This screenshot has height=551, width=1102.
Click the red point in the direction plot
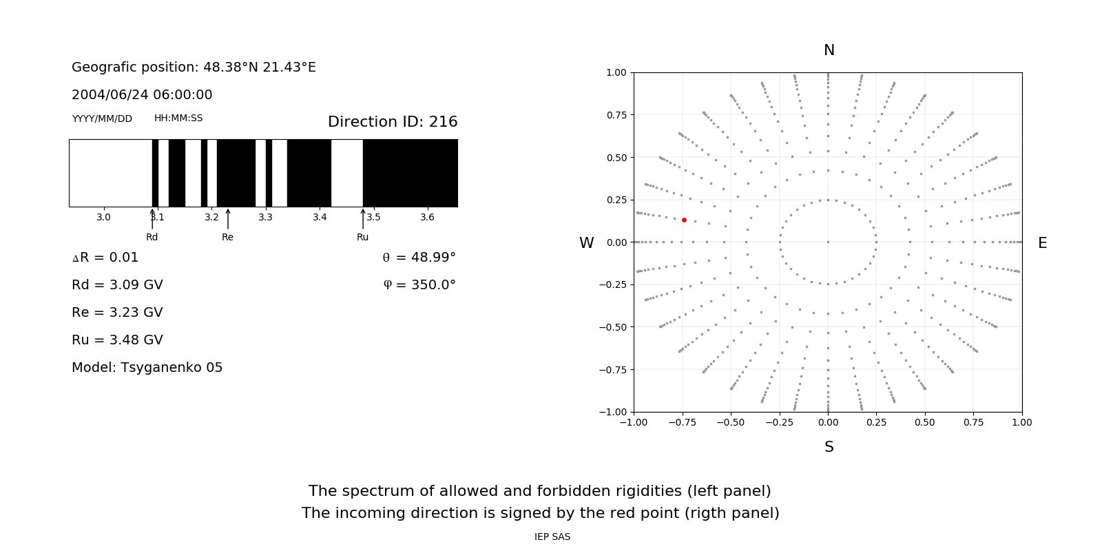tap(684, 220)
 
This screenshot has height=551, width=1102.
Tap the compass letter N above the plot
tap(829, 50)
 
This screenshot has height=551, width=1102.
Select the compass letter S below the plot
tap(829, 447)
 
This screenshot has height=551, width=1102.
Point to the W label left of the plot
tap(587, 243)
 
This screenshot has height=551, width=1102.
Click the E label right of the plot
tap(1042, 243)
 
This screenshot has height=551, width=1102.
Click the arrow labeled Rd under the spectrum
tap(152, 219)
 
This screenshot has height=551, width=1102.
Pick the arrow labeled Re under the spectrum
tap(228, 219)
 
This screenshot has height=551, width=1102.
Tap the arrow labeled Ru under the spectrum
tap(363, 219)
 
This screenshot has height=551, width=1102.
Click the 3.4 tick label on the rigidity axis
tap(320, 217)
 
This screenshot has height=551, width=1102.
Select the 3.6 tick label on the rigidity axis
tap(427, 217)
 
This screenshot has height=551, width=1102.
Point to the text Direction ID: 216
tap(393, 122)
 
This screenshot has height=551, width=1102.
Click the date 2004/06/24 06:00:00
tap(142, 95)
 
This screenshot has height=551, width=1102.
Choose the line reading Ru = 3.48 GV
tap(117, 340)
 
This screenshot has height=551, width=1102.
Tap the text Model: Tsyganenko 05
tap(147, 368)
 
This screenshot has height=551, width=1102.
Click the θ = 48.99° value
tap(419, 258)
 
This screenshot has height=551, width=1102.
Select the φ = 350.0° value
tap(419, 285)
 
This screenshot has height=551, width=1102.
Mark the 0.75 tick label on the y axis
tap(616, 115)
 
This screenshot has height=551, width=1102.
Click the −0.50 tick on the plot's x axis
tap(731, 422)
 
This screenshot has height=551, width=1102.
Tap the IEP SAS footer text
tap(552, 537)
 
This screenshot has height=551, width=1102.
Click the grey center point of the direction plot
tap(828, 242)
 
